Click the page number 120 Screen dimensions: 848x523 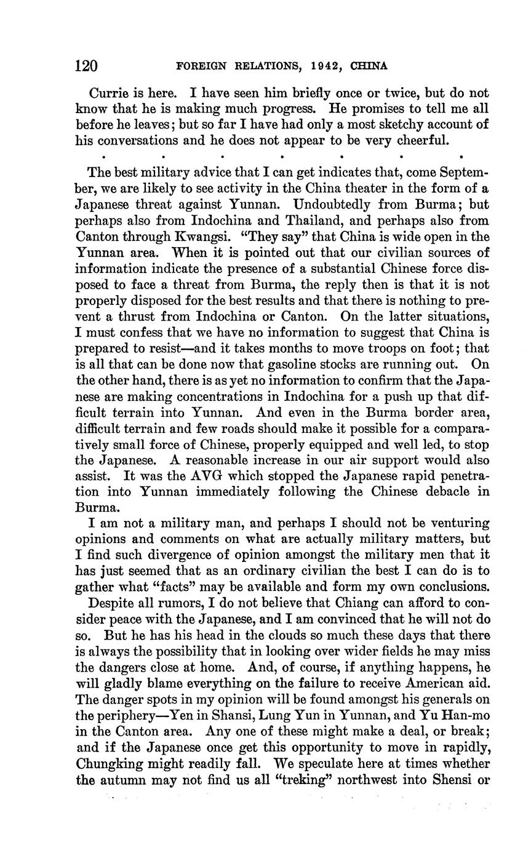tap(87, 65)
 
